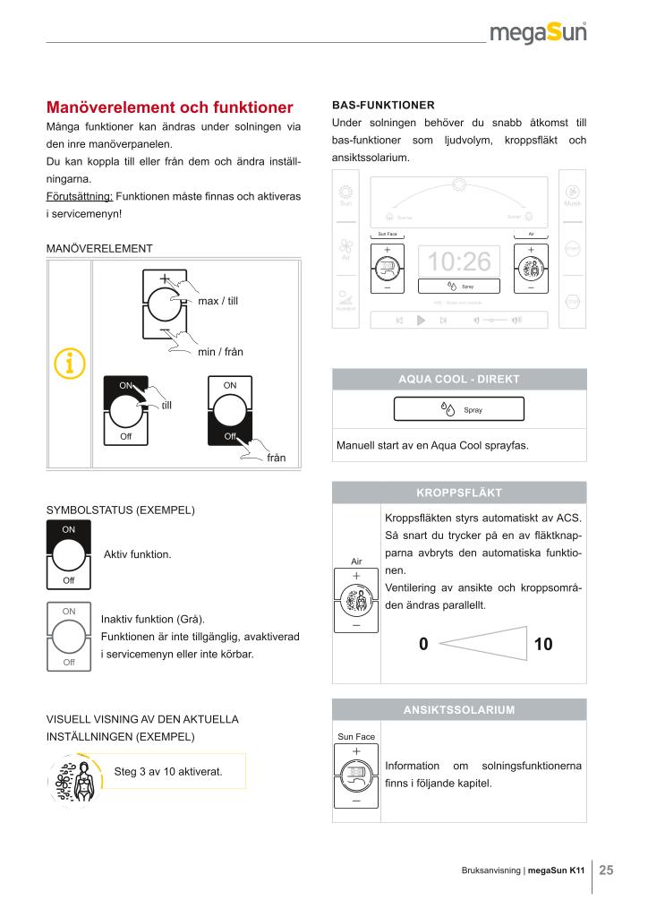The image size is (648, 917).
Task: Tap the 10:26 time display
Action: click(460, 261)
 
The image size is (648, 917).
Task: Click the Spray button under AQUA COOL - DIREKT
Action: click(459, 410)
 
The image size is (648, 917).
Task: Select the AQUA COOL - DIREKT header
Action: click(459, 379)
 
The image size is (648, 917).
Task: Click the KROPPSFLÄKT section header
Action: click(459, 493)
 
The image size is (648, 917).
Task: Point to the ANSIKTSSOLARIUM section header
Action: click(459, 710)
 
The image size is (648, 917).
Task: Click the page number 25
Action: click(607, 869)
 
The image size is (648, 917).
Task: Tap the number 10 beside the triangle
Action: click(543, 643)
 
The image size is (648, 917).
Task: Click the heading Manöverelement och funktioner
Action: click(170, 107)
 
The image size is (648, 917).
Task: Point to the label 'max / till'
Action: click(218, 301)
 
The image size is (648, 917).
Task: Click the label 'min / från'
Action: click(220, 352)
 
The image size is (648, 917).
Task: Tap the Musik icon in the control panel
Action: click(573, 194)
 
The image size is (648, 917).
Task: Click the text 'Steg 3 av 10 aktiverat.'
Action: click(168, 771)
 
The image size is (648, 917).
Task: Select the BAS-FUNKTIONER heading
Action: click(383, 104)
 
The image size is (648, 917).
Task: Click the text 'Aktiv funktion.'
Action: click(137, 555)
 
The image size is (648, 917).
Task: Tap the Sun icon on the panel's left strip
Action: click(345, 194)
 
